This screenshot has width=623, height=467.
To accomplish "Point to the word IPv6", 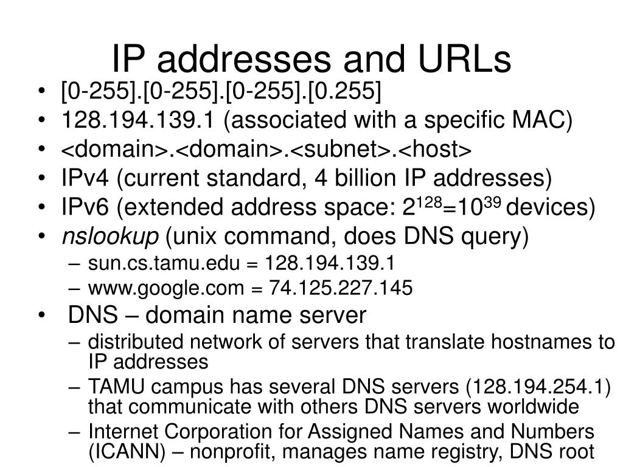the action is (x=85, y=208).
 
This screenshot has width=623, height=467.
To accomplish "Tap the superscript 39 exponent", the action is (x=492, y=201).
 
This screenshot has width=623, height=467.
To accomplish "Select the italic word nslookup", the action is (x=110, y=237).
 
